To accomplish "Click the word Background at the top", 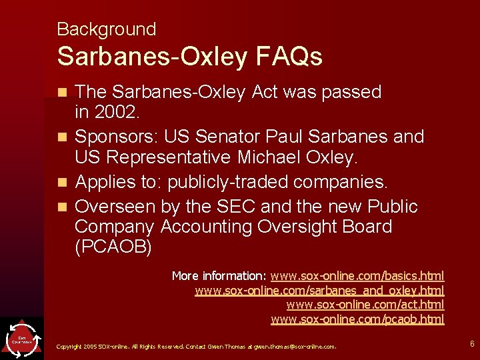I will [x=106, y=29].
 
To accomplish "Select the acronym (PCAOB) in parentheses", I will [x=113, y=248].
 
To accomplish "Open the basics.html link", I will [x=357, y=276].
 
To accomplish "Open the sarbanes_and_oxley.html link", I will [x=319, y=291].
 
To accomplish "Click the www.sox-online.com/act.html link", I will [x=365, y=305].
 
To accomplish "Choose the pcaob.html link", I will [x=357, y=319].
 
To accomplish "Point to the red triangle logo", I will [x=22, y=339].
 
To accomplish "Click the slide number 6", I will [x=472, y=344].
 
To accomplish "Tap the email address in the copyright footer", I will [x=299, y=347].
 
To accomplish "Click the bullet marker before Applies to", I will [x=63, y=182].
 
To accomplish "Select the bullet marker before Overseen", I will [x=63, y=206].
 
